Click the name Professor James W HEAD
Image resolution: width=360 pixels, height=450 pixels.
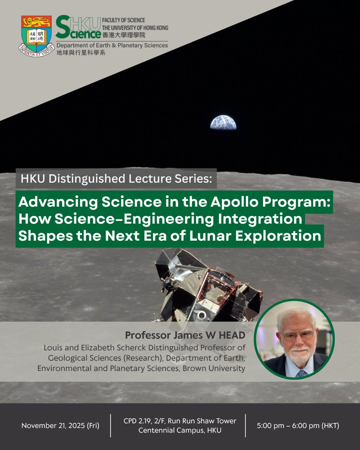185,334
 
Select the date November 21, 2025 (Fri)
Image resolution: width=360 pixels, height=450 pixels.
60,426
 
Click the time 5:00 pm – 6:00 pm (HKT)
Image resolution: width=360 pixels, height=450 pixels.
298,426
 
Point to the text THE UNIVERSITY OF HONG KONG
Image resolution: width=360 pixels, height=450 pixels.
135,27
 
